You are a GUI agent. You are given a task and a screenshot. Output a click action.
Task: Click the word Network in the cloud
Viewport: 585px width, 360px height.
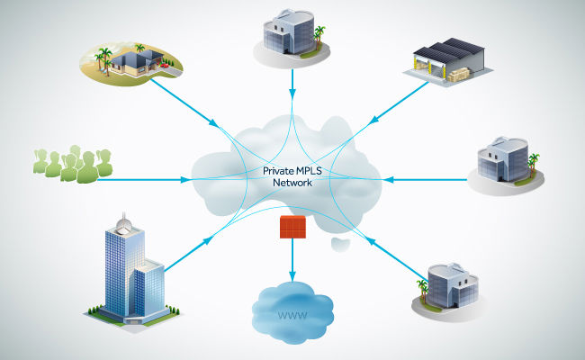coord(292,183)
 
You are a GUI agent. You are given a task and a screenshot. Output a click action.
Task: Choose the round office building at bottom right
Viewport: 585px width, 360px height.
coord(451,287)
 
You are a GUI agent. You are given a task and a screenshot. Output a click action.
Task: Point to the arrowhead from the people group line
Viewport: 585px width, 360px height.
coord(186,180)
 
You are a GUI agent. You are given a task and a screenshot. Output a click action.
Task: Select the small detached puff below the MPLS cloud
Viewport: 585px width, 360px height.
coord(339,244)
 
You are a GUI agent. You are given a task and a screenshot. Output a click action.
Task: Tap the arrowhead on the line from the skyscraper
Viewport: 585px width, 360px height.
coord(209,240)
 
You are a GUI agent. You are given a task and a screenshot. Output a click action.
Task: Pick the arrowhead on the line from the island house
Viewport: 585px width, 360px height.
coord(212,121)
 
